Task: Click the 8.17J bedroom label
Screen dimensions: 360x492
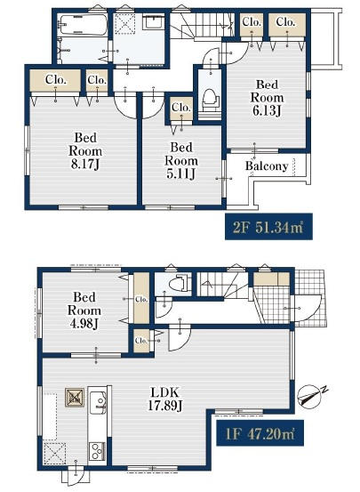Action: pyautogui.click(x=85, y=151)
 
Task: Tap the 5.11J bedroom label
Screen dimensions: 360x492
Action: pyautogui.click(x=181, y=161)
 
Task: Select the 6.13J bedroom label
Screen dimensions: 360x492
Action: pyautogui.click(x=267, y=98)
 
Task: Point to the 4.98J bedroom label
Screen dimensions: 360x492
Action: pyautogui.click(x=84, y=311)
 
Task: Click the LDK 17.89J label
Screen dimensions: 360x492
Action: pyautogui.click(x=165, y=399)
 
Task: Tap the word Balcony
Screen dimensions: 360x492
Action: pyautogui.click(x=267, y=165)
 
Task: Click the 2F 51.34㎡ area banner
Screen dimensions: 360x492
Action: pyautogui.click(x=268, y=227)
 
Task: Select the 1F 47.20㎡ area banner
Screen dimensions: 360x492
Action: pyautogui.click(x=260, y=432)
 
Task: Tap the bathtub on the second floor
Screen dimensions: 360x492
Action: pyautogui.click(x=83, y=25)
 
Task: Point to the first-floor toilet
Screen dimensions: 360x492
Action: pyautogui.click(x=179, y=283)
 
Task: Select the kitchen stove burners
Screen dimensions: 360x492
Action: pyautogui.click(x=97, y=451)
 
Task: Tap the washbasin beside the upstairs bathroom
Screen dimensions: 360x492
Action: pyautogui.click(x=152, y=22)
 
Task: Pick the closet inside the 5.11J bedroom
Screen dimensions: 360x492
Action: pyautogui.click(x=181, y=109)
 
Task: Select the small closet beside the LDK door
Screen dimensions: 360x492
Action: pyautogui.click(x=141, y=340)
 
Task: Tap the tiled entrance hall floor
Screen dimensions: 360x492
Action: pyautogui.click(x=273, y=303)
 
